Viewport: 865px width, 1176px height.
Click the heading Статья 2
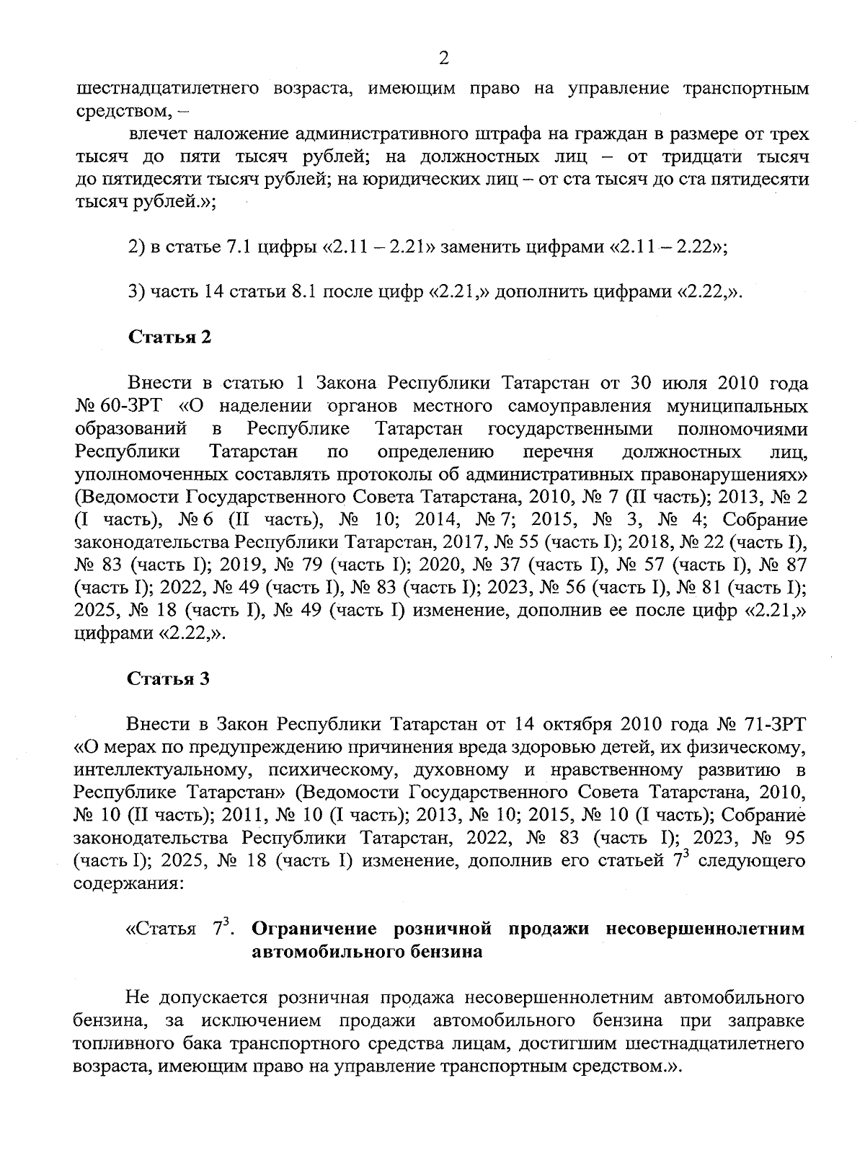(169, 337)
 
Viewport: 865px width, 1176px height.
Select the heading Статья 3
(169, 678)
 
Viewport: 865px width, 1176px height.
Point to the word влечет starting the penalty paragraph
(157, 134)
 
